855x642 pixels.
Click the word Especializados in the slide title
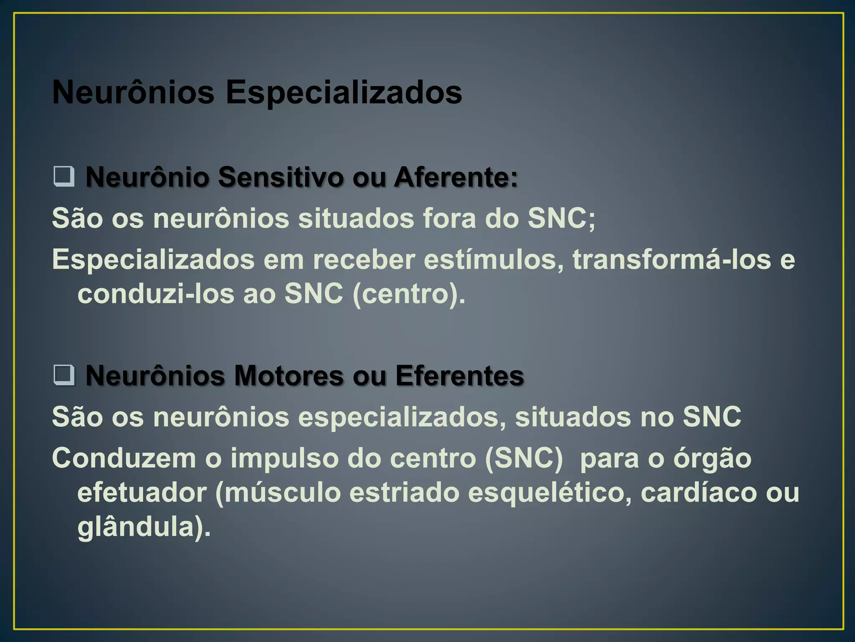(344, 93)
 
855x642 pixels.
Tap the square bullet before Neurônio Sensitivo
(64, 176)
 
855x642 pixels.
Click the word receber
(364, 260)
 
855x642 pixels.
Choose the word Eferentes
(459, 376)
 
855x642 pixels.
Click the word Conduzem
(124, 459)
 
